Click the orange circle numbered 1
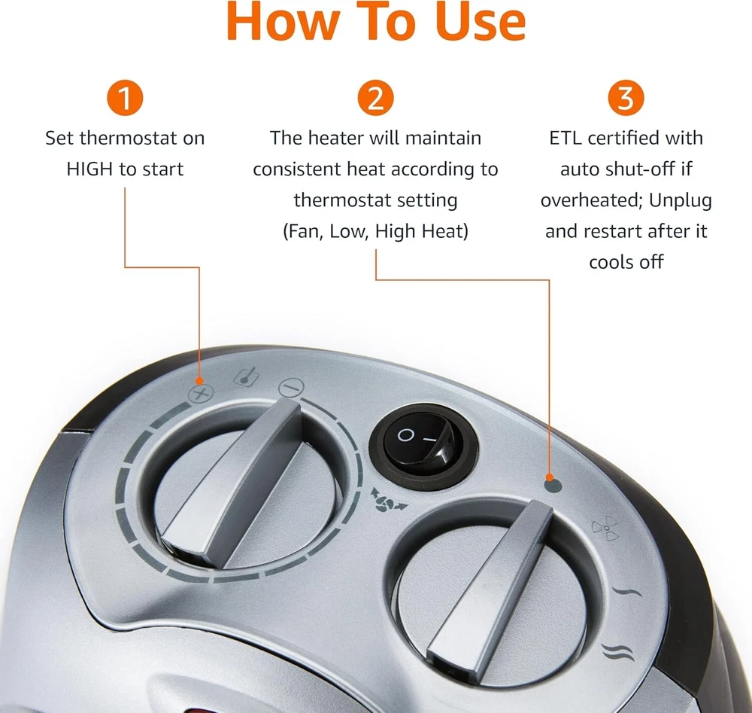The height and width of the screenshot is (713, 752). pos(125,98)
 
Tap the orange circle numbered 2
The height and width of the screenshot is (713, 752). pos(375,98)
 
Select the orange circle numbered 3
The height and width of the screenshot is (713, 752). pos(626,98)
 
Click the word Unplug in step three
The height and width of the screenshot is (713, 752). pos(680,200)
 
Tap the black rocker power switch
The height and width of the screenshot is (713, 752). pos(423,444)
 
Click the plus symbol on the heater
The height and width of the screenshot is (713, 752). pos(201,394)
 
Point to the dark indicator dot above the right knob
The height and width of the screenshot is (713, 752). pos(553,485)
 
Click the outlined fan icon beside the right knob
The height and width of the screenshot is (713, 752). pos(605,528)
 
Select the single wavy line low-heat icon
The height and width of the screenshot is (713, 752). pos(627,592)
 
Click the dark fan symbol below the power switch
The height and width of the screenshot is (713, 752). pos(389,501)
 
